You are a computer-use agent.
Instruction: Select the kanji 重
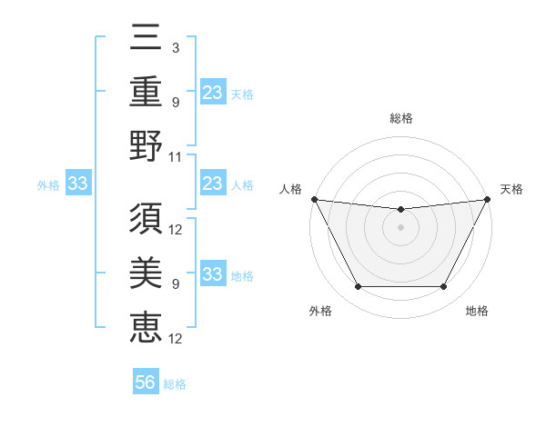point(147,93)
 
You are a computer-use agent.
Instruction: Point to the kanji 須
point(147,221)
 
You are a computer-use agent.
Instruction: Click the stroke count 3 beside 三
point(175,47)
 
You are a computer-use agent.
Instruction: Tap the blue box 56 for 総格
point(146,383)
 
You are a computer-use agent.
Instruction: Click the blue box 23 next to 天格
point(213,92)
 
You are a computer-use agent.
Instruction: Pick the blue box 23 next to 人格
point(213,184)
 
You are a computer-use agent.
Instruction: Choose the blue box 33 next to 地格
point(213,274)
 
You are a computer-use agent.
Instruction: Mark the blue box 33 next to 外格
point(77,184)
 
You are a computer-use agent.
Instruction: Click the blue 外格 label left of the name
point(48,185)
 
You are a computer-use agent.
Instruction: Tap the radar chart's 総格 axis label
point(400,118)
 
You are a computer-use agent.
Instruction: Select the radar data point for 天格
point(487,199)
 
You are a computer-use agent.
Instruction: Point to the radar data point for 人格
point(314,199)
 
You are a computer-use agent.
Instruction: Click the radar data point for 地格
point(443,287)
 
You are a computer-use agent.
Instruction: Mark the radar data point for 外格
point(358,287)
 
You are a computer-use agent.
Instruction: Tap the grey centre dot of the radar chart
point(400,227)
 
